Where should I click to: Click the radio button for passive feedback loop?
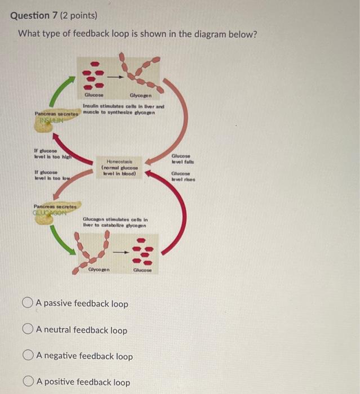point(29,304)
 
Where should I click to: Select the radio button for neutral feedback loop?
point(29,330)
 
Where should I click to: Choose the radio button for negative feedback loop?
point(29,356)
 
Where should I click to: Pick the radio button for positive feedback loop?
point(29,382)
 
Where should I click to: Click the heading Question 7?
point(34,16)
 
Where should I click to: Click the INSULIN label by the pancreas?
point(49,120)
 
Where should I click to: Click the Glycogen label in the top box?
point(140,96)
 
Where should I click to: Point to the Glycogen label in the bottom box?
point(99,270)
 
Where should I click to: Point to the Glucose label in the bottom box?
point(142,270)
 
